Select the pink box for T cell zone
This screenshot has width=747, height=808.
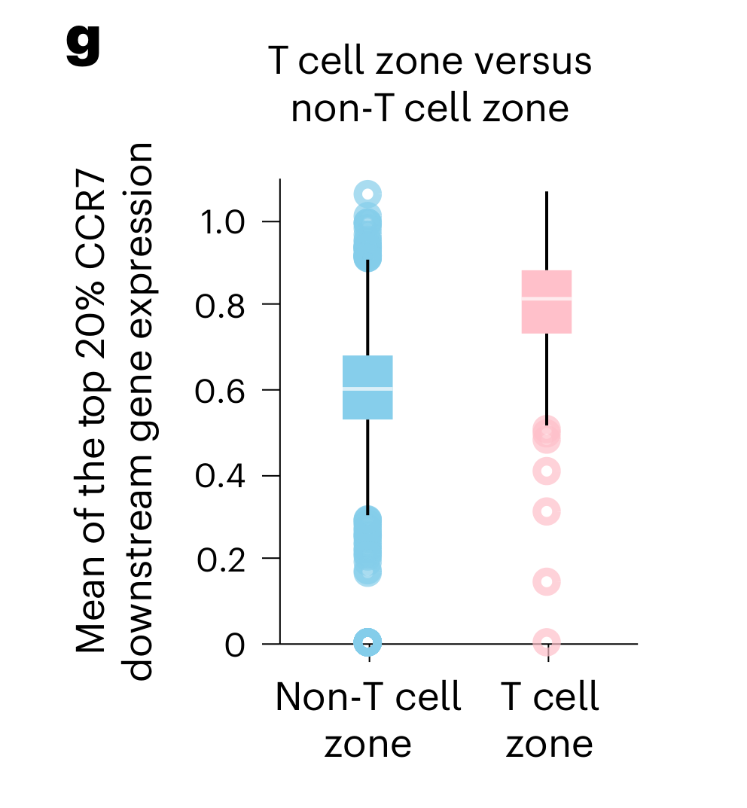tap(547, 316)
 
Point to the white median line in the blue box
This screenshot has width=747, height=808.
tap(367, 389)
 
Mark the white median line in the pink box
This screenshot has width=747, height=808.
tap(547, 299)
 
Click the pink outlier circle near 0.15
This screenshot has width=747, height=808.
tap(547, 582)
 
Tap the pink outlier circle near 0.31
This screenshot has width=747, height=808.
tap(547, 512)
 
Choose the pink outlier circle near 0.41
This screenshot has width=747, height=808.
tap(547, 472)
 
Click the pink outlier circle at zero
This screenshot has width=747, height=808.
tap(547, 642)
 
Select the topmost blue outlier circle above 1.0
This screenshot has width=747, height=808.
tap(367, 194)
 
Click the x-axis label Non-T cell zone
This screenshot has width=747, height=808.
tap(367, 720)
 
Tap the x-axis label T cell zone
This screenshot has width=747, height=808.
tap(550, 720)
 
